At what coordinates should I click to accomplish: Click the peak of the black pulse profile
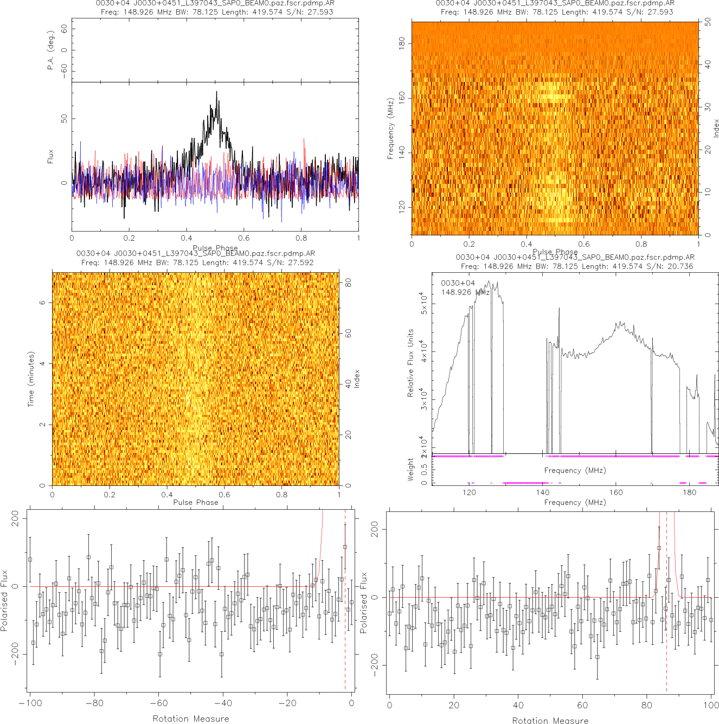[216, 92]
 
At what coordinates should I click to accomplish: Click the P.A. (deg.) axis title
[51, 50]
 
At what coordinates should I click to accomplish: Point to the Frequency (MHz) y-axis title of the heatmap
[390, 129]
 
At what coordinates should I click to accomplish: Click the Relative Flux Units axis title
[410, 363]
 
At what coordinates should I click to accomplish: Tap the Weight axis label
[410, 470]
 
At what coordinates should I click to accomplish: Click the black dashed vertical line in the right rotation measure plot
[666, 602]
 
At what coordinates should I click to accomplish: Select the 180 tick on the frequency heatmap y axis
[402, 43]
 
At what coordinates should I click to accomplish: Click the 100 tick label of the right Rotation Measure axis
[711, 705]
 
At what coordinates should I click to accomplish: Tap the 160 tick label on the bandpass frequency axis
[616, 492]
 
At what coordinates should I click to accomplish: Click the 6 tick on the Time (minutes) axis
[42, 302]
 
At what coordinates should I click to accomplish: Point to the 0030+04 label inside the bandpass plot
[458, 283]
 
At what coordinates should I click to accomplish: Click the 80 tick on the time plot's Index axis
[348, 283]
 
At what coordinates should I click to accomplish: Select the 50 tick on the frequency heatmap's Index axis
[708, 23]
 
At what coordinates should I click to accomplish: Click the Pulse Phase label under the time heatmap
[195, 502]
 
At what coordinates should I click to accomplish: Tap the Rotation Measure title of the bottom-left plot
[190, 719]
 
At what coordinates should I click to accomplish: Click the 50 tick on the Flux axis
[64, 118]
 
